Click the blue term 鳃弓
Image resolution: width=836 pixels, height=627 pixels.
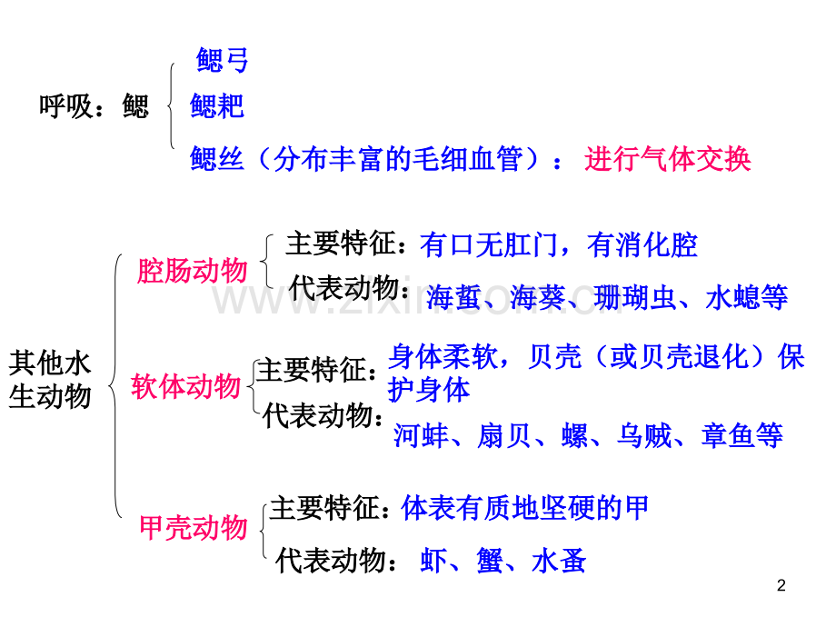click(222, 60)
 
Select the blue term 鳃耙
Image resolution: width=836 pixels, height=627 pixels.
click(217, 105)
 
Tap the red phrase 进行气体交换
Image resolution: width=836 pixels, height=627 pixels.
click(667, 159)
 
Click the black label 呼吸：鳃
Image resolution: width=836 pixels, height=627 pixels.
click(94, 105)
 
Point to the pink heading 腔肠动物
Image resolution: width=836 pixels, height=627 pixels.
click(192, 270)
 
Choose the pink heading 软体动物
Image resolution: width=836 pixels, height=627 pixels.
click(185, 386)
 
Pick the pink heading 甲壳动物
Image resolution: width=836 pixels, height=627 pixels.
click(193, 528)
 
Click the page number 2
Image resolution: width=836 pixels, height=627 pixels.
click(781, 585)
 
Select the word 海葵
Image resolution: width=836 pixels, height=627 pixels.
click(537, 297)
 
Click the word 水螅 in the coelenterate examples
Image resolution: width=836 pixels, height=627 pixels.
click(732, 297)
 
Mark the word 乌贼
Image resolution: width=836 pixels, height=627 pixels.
click(644, 435)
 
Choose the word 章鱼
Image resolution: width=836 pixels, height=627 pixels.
click(728, 435)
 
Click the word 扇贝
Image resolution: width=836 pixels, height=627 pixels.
click(503, 435)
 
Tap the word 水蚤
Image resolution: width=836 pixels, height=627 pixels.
click(559, 561)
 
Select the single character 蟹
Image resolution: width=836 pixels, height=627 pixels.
click(490, 561)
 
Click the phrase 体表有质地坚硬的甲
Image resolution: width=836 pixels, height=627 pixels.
click(524, 507)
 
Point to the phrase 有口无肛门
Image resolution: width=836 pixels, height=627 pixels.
click(488, 245)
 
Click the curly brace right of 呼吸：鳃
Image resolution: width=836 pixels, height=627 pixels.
click(170, 105)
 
